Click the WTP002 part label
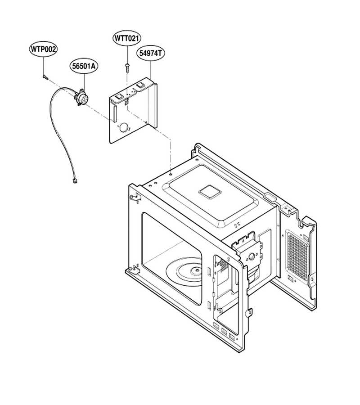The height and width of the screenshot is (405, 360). pos(43,49)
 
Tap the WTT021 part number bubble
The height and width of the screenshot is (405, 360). pos(127,39)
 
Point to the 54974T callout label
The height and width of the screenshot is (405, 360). pos(151,53)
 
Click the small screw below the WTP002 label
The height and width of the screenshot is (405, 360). pos(44,76)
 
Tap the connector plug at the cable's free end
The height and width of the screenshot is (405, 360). pos(74,181)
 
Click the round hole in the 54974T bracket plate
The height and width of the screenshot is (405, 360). pos(124,127)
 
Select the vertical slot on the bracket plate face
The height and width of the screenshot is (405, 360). pos(114,114)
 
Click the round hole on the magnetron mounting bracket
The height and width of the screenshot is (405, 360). pos(251,256)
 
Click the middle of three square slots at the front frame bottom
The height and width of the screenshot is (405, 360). pos(224,331)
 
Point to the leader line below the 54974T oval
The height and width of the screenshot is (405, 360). pos(151,69)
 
